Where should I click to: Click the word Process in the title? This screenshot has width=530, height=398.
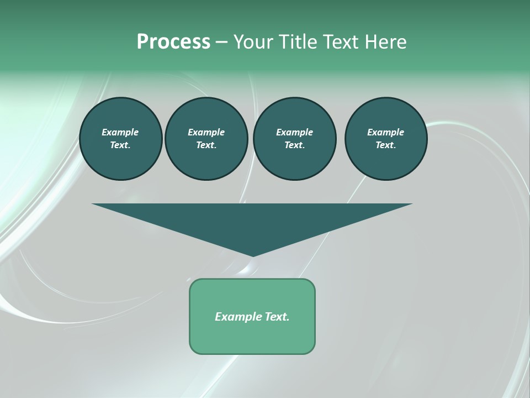point(173,42)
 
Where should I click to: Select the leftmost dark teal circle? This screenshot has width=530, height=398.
point(120,139)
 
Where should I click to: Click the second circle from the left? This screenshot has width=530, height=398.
point(206,139)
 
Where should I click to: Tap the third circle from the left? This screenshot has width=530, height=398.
point(294,139)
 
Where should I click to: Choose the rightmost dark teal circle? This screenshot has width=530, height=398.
point(386,139)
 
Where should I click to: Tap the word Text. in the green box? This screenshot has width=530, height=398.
point(275,317)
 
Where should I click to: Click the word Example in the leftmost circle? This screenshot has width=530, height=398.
point(120,132)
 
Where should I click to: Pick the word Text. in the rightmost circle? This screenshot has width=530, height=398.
point(386,145)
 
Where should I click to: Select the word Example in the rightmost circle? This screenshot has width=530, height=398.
point(386,132)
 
